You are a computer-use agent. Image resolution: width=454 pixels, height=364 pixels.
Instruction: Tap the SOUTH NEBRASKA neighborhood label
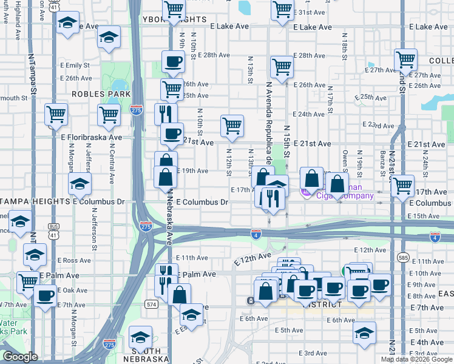(x=144, y=359)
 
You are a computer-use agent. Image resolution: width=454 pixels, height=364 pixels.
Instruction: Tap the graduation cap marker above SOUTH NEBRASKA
(x=140, y=338)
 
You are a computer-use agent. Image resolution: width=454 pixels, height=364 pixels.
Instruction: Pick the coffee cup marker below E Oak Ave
(x=45, y=297)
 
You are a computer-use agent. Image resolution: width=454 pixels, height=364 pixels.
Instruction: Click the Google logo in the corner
(x=20, y=357)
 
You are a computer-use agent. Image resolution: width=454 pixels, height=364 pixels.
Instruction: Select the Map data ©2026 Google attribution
(x=417, y=359)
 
